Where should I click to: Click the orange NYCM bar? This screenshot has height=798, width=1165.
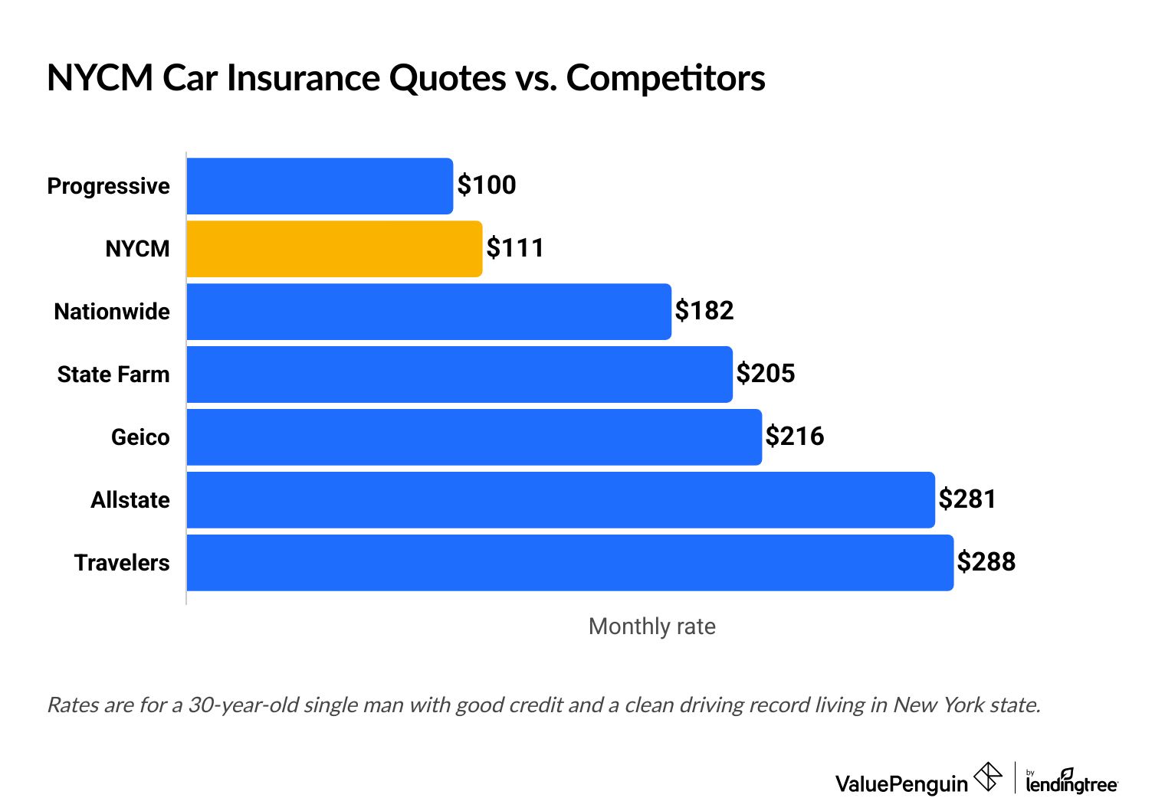pyautogui.click(x=334, y=249)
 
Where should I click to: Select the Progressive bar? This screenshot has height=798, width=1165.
pyautogui.click(x=320, y=186)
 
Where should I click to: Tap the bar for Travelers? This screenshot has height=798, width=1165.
pyautogui.click(x=569, y=563)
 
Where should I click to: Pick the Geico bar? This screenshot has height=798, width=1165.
pyautogui.click(x=474, y=437)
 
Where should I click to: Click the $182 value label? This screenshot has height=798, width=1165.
pyautogui.click(x=704, y=311)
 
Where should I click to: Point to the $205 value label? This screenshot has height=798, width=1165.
pyautogui.click(x=766, y=374)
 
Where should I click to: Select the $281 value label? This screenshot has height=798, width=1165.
pyautogui.click(x=967, y=499)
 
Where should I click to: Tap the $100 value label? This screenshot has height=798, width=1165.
pyautogui.click(x=487, y=185)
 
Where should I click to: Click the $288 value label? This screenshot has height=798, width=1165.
pyautogui.click(x=986, y=562)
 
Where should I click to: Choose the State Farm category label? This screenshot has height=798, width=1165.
pyautogui.click(x=113, y=374)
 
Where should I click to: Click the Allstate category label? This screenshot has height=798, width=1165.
pyautogui.click(x=130, y=500)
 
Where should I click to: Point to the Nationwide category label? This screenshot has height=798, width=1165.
pyautogui.click(x=112, y=312)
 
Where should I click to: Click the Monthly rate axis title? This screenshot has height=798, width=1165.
pyautogui.click(x=651, y=626)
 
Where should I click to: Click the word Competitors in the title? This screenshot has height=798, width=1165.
pyautogui.click(x=665, y=78)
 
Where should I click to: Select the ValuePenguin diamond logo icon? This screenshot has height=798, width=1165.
pyautogui.click(x=987, y=777)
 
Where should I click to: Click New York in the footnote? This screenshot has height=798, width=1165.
pyautogui.click(x=937, y=705)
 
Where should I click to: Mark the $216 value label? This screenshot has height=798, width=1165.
pyautogui.click(x=795, y=437)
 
